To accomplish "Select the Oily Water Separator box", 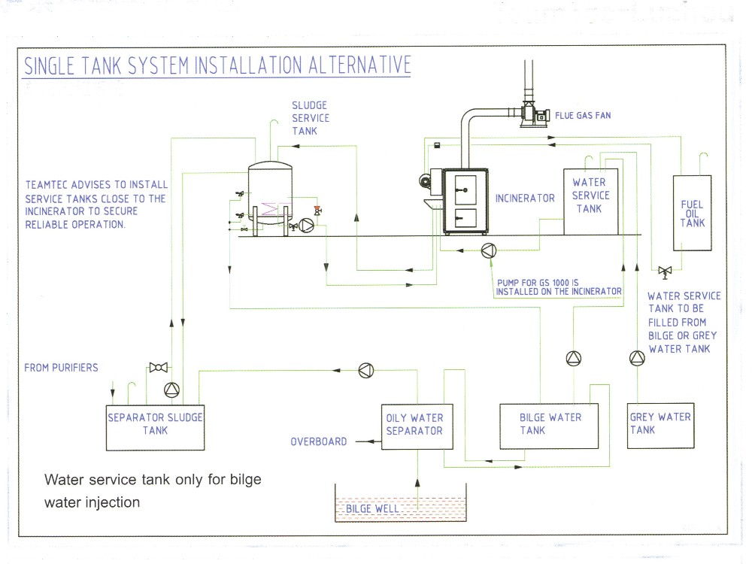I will point(414,429).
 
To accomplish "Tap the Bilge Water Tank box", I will point(550,428).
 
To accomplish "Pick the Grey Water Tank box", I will point(660,427).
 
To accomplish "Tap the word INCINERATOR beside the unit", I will point(525,199).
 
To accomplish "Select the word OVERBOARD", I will point(319,441).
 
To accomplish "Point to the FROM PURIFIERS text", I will point(61,368).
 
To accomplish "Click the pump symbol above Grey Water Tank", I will point(637,359).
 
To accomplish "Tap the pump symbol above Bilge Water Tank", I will point(574,359).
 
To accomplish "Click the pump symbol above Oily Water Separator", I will point(365,369).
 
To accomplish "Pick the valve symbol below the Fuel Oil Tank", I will point(665,270).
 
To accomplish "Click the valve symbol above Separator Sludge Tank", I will point(158,367).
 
